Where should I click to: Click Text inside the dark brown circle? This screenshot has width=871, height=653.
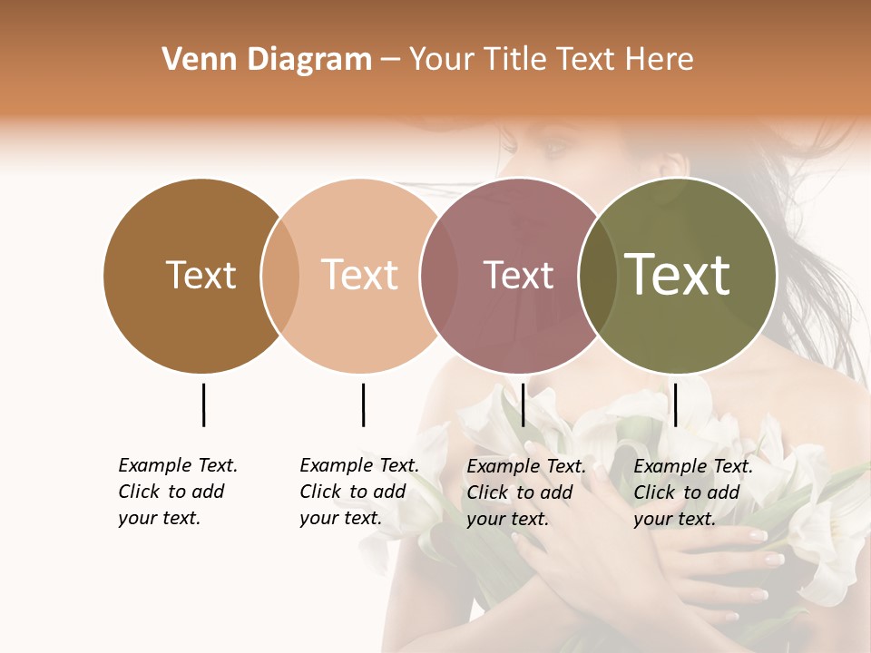click(201, 275)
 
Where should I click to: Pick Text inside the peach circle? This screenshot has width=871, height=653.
click(359, 275)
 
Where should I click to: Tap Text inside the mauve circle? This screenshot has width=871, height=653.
click(518, 275)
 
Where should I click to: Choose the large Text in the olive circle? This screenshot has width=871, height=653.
click(678, 275)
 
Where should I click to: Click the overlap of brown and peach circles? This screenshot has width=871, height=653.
click(280, 275)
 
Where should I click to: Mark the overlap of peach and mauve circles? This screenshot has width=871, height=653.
click(439, 275)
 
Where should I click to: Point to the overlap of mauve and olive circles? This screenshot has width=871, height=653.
click(598, 275)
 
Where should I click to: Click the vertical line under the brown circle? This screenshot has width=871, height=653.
click(203, 404)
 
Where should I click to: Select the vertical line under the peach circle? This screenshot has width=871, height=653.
click(363, 404)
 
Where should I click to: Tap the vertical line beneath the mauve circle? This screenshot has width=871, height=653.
click(523, 404)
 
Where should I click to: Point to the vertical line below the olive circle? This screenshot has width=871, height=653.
click(675, 404)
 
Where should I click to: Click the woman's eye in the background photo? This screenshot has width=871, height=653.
click(555, 145)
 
